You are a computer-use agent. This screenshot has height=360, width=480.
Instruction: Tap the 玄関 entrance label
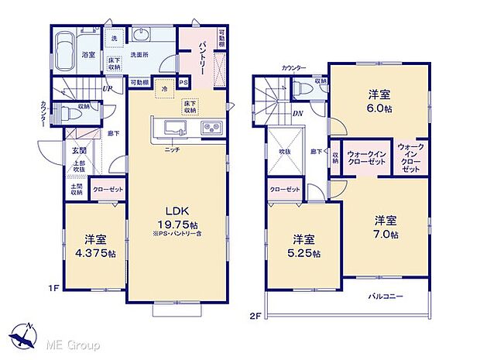click(79, 150)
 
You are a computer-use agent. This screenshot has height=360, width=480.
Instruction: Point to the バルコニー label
click(384, 296)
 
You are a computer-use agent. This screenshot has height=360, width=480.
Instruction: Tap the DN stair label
click(297, 114)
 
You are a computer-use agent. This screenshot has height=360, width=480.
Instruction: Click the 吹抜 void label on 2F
click(284, 152)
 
